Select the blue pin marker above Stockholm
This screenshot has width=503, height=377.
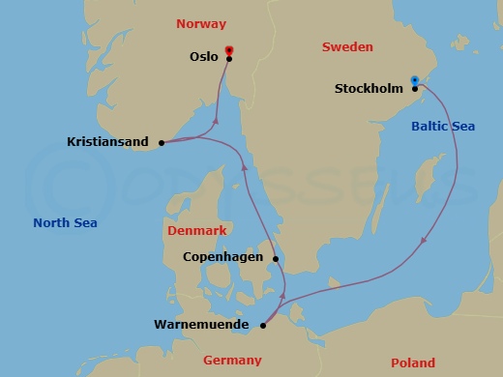click(414, 80)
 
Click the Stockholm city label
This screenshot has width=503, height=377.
click(368, 89)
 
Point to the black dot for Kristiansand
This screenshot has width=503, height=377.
click(162, 143)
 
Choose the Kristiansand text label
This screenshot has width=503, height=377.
click(107, 142)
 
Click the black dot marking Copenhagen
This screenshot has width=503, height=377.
click(276, 258)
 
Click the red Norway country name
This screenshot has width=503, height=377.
click(201, 22)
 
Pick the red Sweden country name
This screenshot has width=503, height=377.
click(346, 46)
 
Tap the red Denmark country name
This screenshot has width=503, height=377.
click(196, 231)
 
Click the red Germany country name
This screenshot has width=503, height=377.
click(232, 361)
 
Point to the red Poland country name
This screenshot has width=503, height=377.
click(412, 362)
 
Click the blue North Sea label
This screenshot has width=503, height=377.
click(65, 222)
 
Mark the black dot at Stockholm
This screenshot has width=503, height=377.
click(415, 89)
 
